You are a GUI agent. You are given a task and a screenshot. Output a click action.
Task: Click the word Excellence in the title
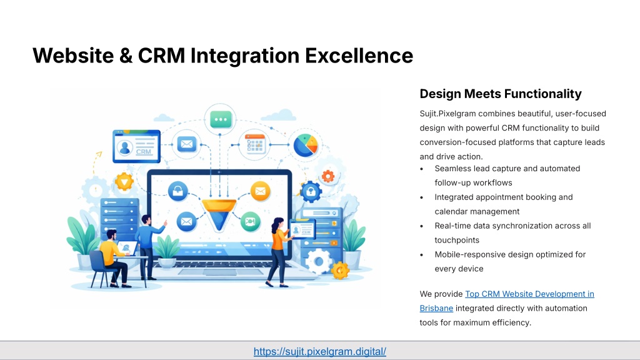point(359,56)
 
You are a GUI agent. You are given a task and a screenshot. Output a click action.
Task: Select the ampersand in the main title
point(126,56)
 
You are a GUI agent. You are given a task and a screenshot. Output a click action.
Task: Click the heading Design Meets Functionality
point(501,94)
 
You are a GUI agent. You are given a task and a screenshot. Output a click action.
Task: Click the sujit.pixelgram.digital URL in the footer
point(320,351)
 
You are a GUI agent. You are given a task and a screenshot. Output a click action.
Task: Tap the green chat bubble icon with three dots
point(221,119)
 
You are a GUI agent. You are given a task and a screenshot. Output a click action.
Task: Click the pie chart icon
point(306,145)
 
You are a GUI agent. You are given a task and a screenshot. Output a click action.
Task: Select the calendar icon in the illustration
point(255,144)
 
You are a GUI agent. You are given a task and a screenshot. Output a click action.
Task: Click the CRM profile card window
point(136,146)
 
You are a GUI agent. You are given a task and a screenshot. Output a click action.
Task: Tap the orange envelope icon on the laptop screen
point(260,191)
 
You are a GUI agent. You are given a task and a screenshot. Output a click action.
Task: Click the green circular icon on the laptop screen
point(250,222)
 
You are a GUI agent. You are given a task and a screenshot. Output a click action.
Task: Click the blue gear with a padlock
point(311,191)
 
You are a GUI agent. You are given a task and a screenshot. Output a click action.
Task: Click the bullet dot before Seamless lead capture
point(422,169)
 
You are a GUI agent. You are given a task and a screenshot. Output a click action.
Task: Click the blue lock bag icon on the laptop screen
point(178,191)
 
